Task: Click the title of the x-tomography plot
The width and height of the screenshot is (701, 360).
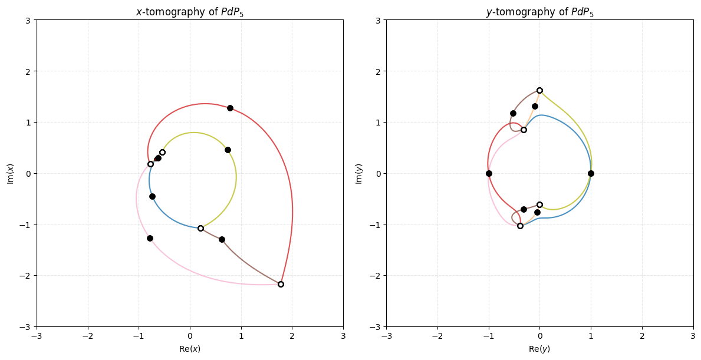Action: (x=189, y=12)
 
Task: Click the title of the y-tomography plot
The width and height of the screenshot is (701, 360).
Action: (x=539, y=12)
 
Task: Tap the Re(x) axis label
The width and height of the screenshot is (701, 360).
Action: (x=189, y=349)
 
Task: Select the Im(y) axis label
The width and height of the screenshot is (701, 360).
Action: (x=359, y=173)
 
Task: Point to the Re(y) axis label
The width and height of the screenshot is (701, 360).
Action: (x=539, y=349)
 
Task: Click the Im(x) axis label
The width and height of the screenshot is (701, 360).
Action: (x=9, y=173)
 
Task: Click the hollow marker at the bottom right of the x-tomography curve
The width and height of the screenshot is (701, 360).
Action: (x=281, y=284)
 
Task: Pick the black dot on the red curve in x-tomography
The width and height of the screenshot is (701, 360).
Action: (x=230, y=108)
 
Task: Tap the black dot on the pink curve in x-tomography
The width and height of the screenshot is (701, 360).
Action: (x=150, y=238)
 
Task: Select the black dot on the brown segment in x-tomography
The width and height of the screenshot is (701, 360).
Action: (x=222, y=239)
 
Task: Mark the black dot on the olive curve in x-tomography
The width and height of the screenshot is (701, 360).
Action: (x=228, y=150)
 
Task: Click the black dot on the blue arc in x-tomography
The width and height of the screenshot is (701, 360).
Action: (x=152, y=196)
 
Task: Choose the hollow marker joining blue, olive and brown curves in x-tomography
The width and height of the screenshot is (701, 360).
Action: (x=200, y=228)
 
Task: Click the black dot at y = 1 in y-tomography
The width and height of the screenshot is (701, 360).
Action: (x=591, y=173)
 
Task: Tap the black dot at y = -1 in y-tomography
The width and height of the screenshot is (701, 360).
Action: (x=489, y=173)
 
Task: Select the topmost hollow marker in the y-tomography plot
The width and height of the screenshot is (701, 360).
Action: (x=539, y=90)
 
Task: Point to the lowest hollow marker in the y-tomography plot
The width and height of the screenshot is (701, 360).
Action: (x=520, y=226)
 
